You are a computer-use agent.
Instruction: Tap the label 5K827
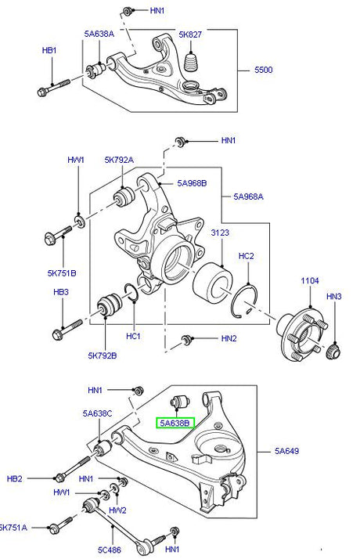[190, 34]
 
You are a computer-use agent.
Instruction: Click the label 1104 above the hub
[311, 280]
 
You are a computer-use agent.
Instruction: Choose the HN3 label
[334, 297]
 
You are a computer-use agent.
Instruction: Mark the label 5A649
[286, 452]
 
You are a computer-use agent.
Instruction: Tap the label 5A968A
[248, 197]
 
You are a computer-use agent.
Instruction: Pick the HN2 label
[228, 339]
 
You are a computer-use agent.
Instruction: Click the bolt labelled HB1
[52, 86]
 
